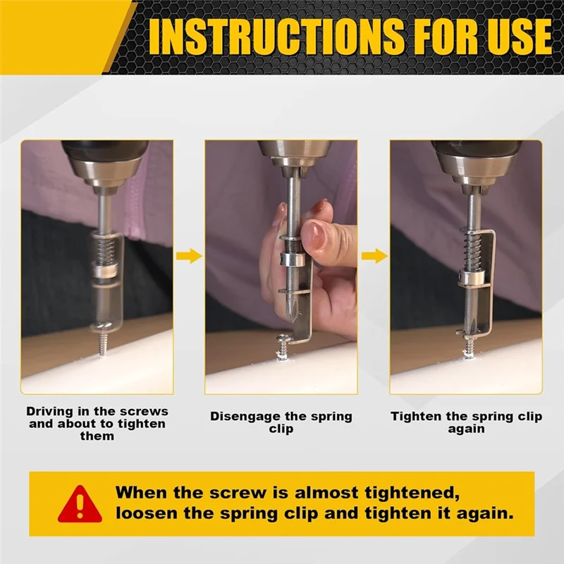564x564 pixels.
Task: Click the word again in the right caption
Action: point(466,429)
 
